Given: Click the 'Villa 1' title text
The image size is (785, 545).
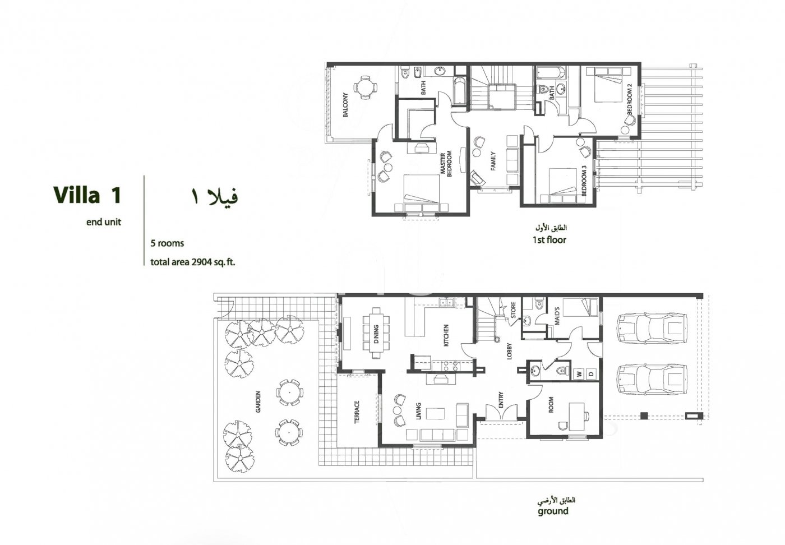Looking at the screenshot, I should tap(87, 196).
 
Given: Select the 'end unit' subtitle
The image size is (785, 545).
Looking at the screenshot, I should tap(103, 222).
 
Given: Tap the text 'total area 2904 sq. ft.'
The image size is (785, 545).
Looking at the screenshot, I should tap(192, 262).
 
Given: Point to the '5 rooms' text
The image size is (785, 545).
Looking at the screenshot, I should tap(167, 243).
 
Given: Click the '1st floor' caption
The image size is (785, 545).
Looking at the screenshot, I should tap(549, 240).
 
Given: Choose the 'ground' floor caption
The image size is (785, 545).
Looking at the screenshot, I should tap(553, 511).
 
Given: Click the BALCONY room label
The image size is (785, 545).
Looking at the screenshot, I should tap(345, 105).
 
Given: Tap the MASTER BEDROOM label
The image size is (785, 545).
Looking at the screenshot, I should tap(446, 164).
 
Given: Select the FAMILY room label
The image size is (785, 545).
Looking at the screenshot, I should tap(493, 161).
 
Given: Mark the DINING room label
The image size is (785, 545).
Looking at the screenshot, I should tap(376, 334).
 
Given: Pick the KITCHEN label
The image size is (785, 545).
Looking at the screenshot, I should tap(446, 335).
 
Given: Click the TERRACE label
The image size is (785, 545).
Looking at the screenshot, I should tap(357, 411).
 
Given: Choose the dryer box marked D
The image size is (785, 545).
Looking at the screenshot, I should tap(591, 373).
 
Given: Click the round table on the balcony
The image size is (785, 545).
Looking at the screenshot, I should tap(365, 87).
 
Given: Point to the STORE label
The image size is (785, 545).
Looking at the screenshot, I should tap(512, 311).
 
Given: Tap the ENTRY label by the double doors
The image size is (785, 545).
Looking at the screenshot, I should tap(501, 400).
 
